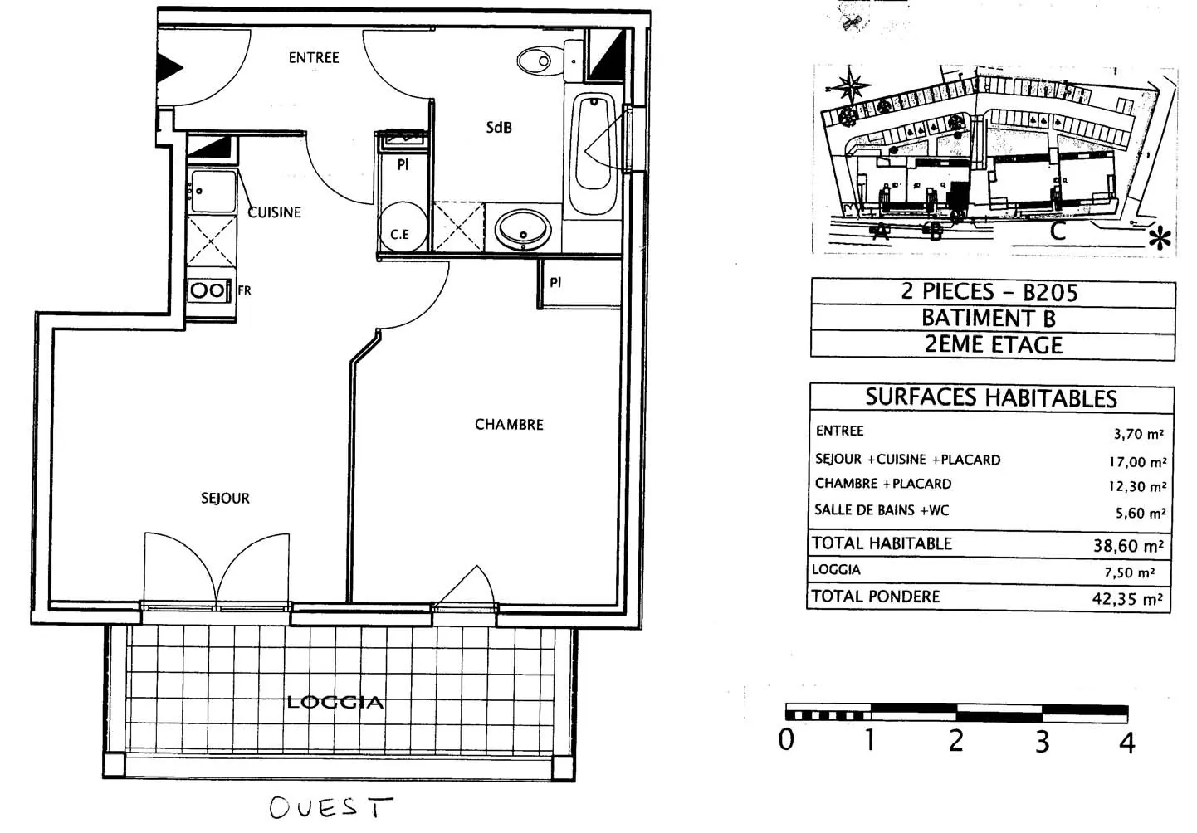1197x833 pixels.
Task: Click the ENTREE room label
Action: [x=314, y=57]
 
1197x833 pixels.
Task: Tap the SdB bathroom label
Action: [x=499, y=127]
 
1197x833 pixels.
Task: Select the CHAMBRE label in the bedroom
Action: [x=509, y=424]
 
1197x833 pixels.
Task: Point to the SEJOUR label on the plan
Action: [x=225, y=498]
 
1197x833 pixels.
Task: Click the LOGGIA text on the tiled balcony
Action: [x=335, y=702]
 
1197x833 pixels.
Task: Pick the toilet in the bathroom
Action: [x=535, y=60]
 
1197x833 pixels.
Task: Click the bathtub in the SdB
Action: [x=594, y=146]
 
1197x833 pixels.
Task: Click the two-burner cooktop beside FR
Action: [x=208, y=290]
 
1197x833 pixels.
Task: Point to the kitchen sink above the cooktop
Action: [x=212, y=192]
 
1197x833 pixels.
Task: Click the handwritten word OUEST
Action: [x=330, y=807]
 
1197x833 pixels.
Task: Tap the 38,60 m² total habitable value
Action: [x=1128, y=546]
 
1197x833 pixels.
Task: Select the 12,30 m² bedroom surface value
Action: [x=1137, y=486]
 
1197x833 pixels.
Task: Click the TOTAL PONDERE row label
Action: [x=876, y=596]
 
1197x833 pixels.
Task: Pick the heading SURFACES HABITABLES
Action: [x=991, y=398]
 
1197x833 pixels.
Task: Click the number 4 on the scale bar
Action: [x=1126, y=742]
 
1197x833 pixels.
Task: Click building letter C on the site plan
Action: [x=1058, y=231]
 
